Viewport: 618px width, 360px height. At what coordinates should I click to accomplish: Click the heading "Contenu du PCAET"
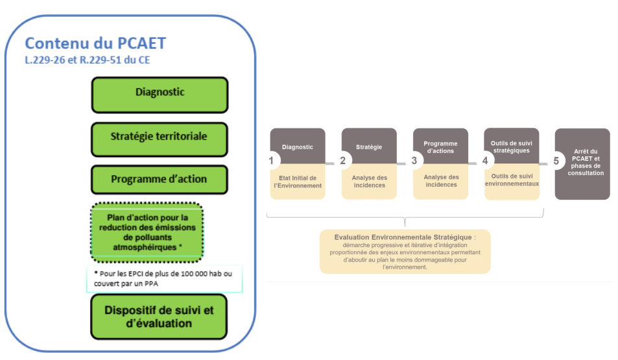[x=95, y=43]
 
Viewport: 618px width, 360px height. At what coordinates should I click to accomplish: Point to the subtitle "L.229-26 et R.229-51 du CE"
[x=88, y=60]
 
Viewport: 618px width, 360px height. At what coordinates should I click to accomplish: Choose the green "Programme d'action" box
[x=160, y=180]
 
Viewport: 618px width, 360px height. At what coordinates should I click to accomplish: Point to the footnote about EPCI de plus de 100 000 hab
[x=164, y=278]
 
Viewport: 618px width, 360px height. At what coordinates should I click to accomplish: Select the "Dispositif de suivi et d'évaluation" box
[x=160, y=317]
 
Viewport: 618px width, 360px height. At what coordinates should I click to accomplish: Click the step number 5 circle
[x=556, y=160]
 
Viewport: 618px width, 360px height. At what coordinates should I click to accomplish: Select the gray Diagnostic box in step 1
[x=298, y=147]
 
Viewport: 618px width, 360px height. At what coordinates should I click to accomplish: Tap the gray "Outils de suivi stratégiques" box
[x=511, y=146]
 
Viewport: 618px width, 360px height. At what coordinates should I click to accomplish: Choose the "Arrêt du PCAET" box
[x=582, y=163]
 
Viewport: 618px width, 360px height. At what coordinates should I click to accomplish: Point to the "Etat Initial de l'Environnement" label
[x=298, y=182]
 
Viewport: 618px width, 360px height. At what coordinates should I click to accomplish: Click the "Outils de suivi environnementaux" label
[x=511, y=180]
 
